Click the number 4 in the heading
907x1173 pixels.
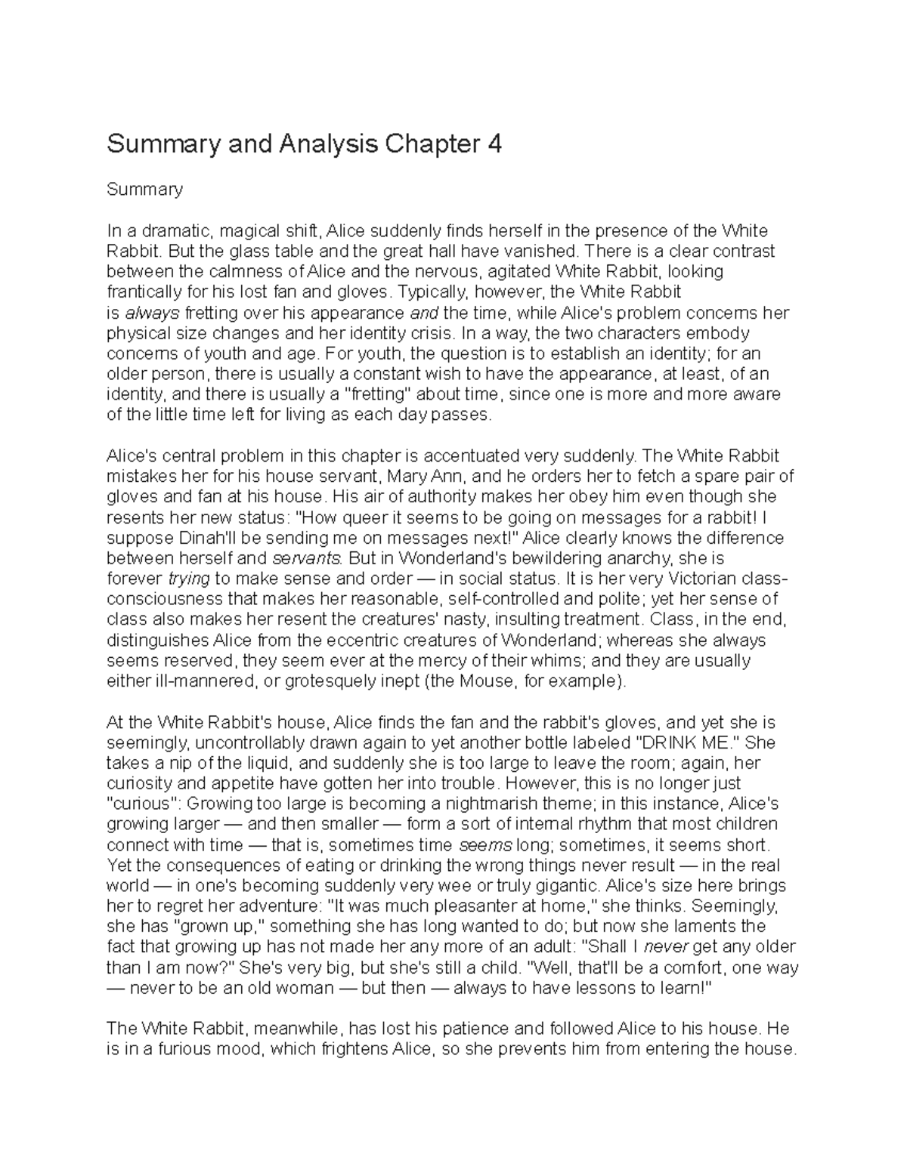494,144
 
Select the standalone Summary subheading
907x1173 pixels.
144,190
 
